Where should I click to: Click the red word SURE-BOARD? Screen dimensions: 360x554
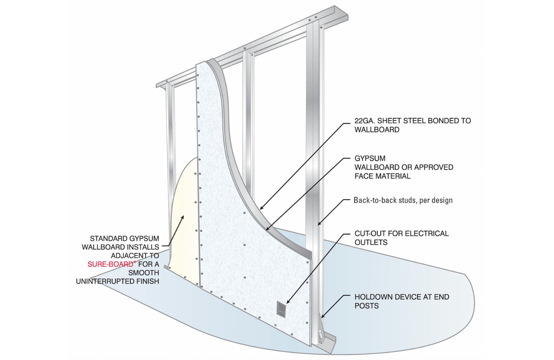coord(110,264)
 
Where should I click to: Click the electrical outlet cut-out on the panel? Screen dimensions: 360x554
coord(281,309)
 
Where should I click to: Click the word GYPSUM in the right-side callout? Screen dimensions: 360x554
coord(370,158)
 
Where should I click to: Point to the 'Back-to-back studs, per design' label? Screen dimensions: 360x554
coord(403,200)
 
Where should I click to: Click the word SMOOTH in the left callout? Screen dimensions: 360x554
coord(144,273)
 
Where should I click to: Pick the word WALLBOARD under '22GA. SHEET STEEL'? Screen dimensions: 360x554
coord(377,130)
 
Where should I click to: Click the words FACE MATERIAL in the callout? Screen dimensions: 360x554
coord(382,176)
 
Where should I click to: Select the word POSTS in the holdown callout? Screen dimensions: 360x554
coord(366,306)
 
